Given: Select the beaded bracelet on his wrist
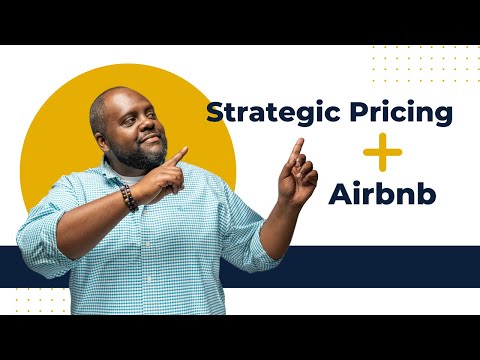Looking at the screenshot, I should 128,197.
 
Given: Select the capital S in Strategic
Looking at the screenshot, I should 214,112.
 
